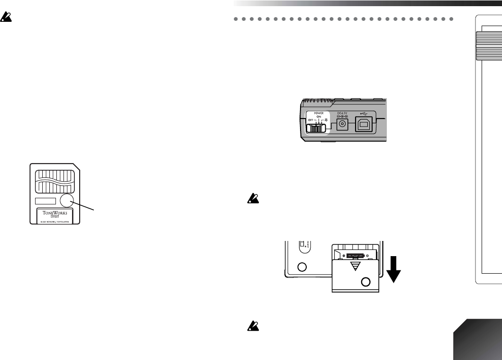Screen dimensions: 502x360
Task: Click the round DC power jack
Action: pos(343,126)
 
